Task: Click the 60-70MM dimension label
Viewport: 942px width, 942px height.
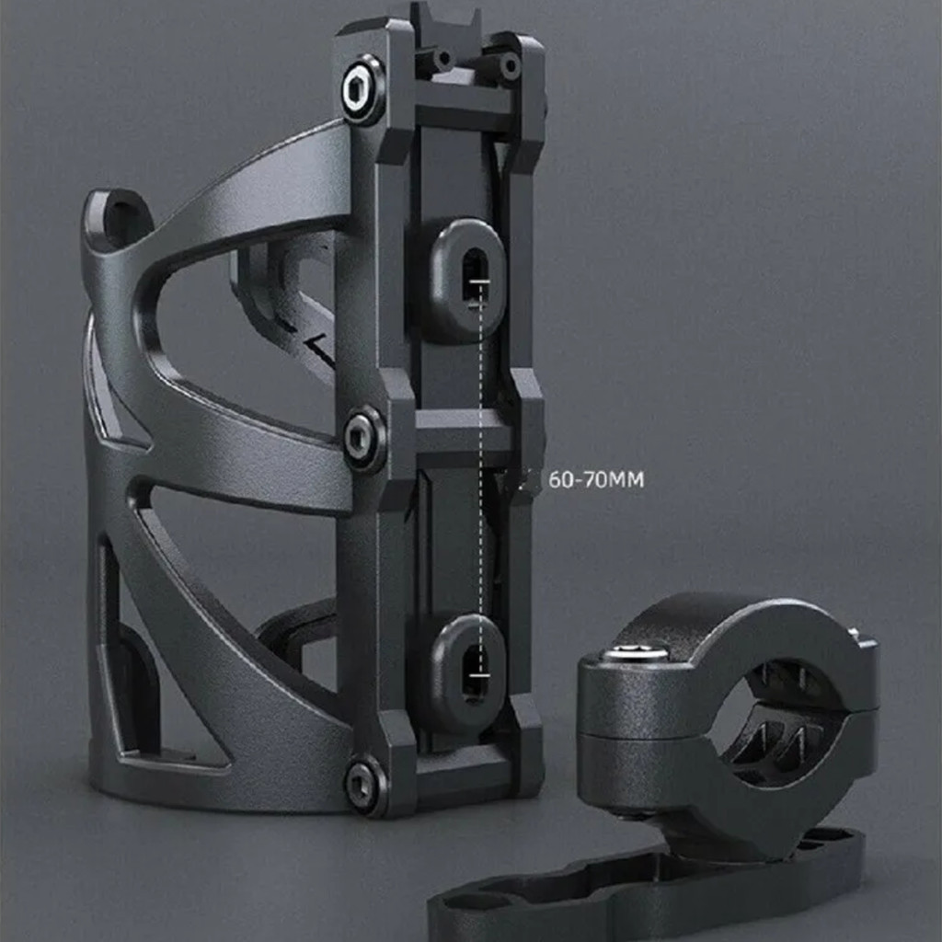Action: [x=596, y=480]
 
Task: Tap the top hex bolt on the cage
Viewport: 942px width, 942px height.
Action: [x=362, y=90]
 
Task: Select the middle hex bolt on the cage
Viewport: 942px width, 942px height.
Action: [x=362, y=439]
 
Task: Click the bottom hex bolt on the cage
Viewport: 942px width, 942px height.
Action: [x=364, y=784]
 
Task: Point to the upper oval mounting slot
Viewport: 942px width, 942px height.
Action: [x=467, y=280]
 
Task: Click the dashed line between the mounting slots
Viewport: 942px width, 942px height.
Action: [x=480, y=477]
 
